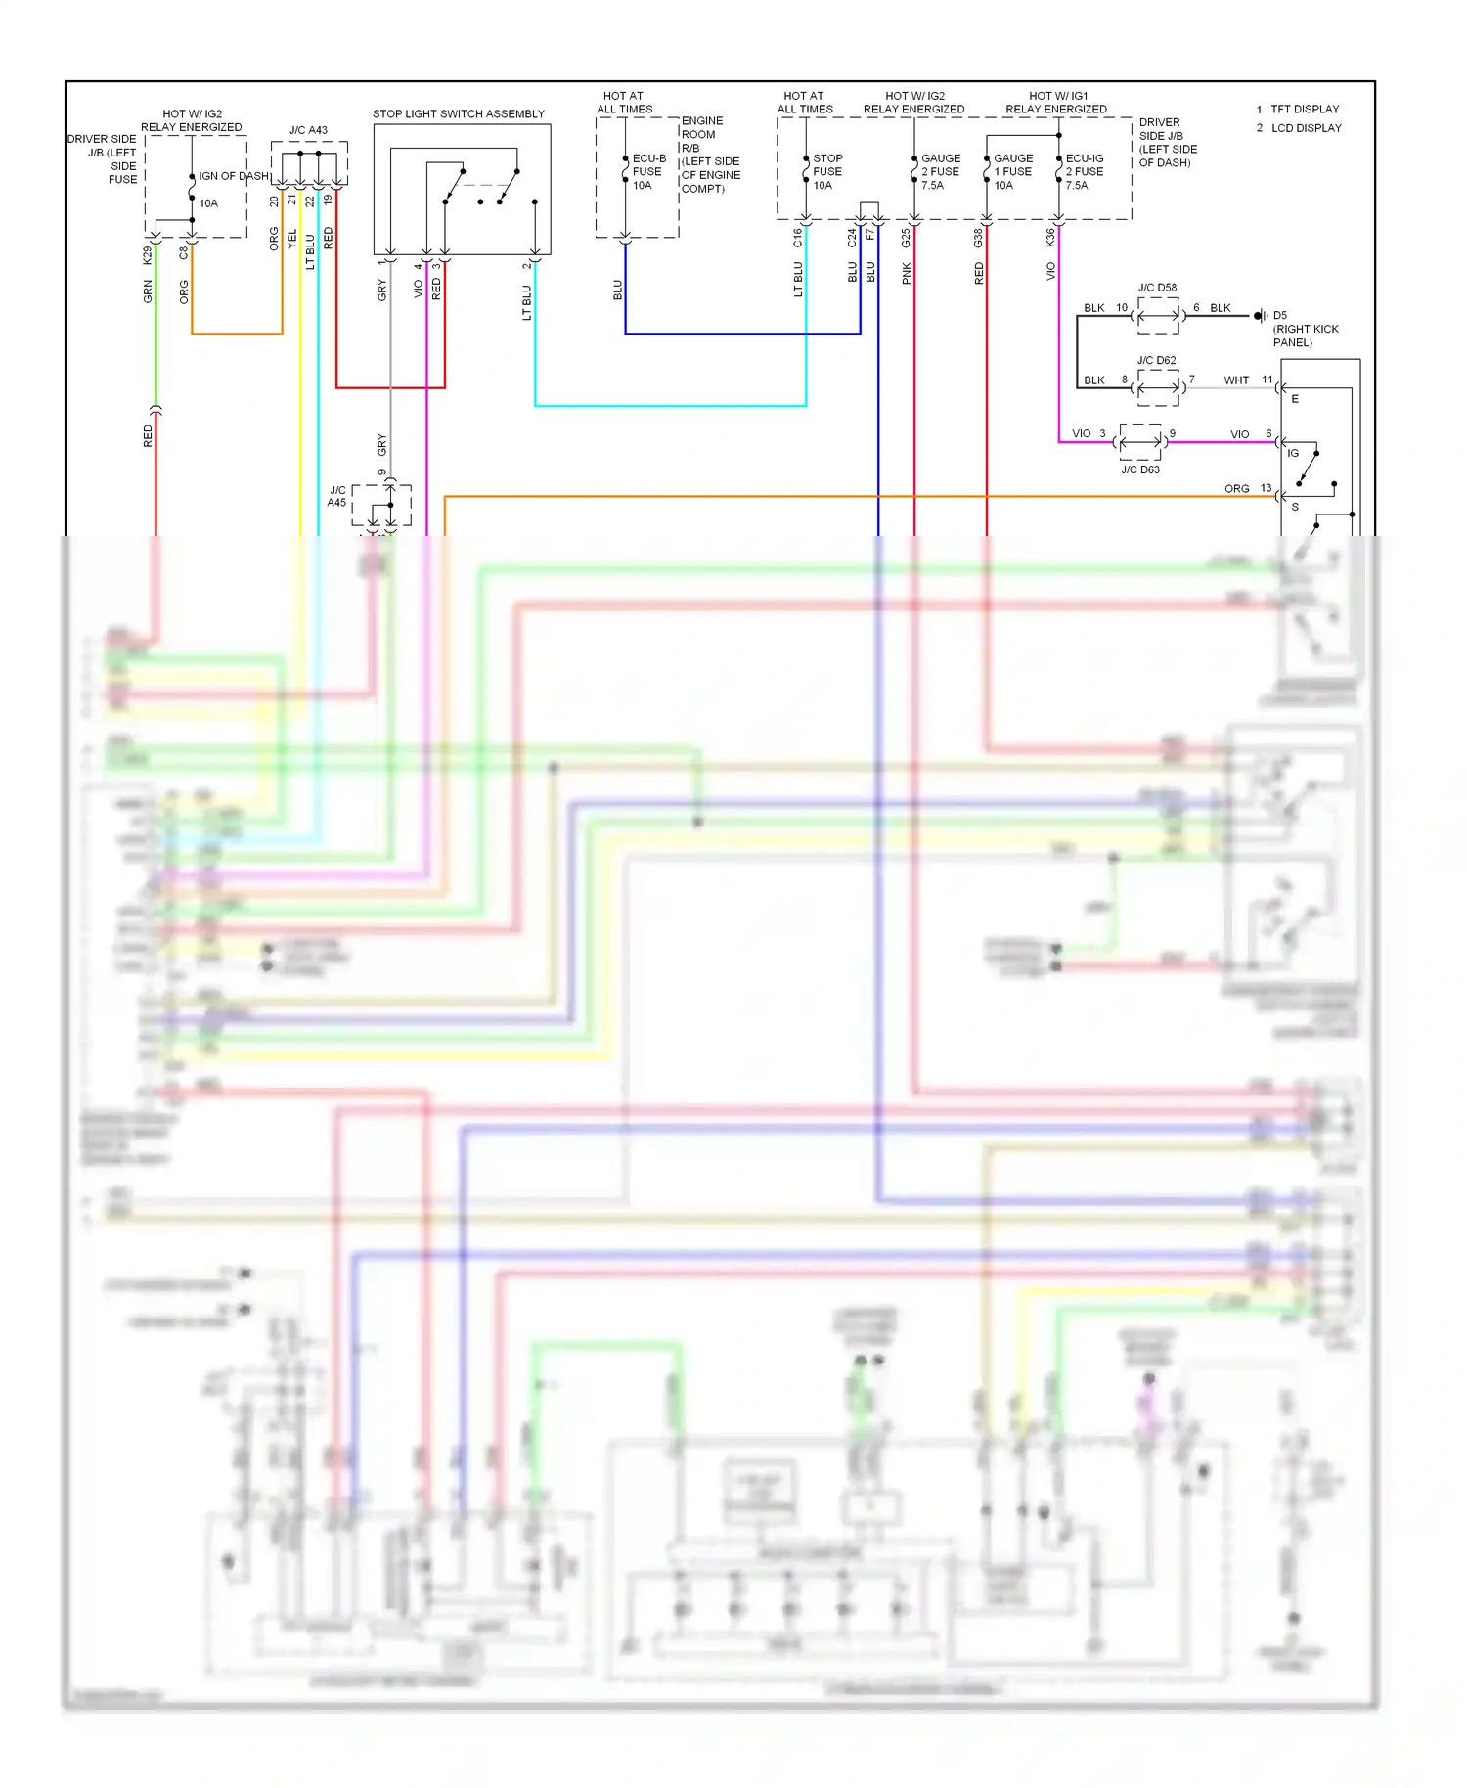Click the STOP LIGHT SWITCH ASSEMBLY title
(458, 113)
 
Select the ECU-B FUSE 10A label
(647, 171)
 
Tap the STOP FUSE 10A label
(827, 171)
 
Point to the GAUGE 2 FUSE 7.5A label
(940, 171)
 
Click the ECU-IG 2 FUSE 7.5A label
(1084, 171)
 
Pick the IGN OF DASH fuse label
(233, 176)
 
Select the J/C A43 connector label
(308, 130)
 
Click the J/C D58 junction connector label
(1157, 288)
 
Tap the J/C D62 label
(1156, 360)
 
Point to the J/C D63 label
(1139, 469)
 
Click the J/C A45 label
(336, 496)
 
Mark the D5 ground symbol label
(1280, 316)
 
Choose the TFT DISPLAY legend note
(1304, 109)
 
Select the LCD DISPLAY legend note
(1306, 128)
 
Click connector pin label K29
(148, 255)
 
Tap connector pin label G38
(978, 238)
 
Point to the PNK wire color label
(907, 273)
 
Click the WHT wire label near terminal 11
(1236, 380)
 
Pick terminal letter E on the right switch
(1295, 399)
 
